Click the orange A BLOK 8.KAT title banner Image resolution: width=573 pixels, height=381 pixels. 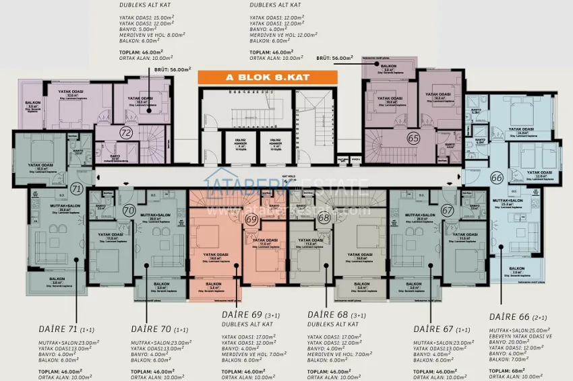(264, 77)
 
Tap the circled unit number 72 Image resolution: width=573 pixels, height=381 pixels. (125, 133)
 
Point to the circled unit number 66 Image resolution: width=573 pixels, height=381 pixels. (497, 178)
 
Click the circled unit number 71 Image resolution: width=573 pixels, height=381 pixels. (76, 189)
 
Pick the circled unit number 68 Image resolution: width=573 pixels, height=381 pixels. (324, 217)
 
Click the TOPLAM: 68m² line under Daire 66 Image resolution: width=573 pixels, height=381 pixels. (508, 370)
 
